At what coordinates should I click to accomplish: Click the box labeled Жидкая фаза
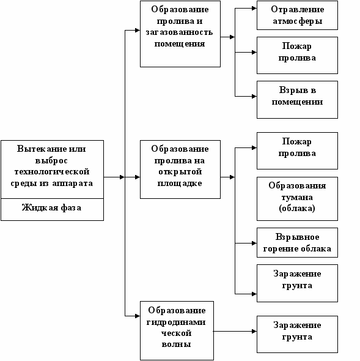(x=52, y=209)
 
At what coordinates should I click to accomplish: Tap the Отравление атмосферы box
(x=297, y=15)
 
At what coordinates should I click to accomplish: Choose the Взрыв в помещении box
(x=297, y=100)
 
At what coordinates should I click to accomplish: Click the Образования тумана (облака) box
(x=297, y=199)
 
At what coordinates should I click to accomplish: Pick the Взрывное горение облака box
(x=297, y=242)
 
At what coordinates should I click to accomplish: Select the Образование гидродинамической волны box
(x=177, y=330)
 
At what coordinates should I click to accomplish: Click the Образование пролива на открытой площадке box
(x=180, y=169)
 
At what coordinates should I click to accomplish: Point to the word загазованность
(x=179, y=32)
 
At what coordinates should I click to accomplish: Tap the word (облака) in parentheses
(x=297, y=209)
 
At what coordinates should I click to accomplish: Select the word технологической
(x=52, y=172)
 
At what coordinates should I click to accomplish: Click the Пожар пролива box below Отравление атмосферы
(x=297, y=55)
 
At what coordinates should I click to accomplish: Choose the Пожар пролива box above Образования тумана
(x=297, y=151)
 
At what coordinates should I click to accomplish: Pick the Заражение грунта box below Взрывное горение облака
(x=297, y=283)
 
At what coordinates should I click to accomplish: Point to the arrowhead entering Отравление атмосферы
(x=254, y=9)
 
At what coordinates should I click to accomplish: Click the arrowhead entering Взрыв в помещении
(x=254, y=97)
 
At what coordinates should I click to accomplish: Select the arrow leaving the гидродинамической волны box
(x=235, y=332)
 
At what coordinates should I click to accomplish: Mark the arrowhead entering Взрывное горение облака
(x=254, y=243)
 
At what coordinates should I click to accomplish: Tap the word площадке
(x=180, y=184)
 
